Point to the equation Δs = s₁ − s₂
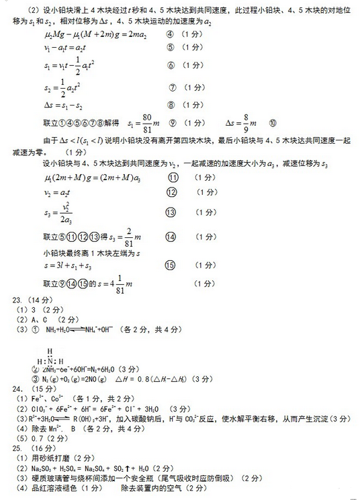coord(65,105)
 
